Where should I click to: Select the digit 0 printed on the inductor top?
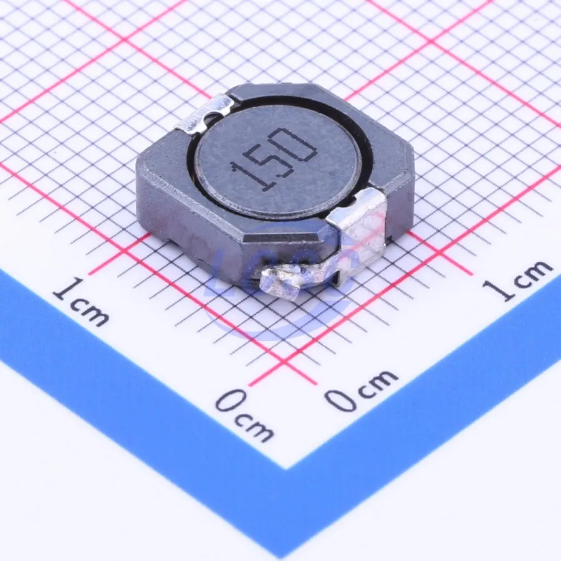coord(296,144)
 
